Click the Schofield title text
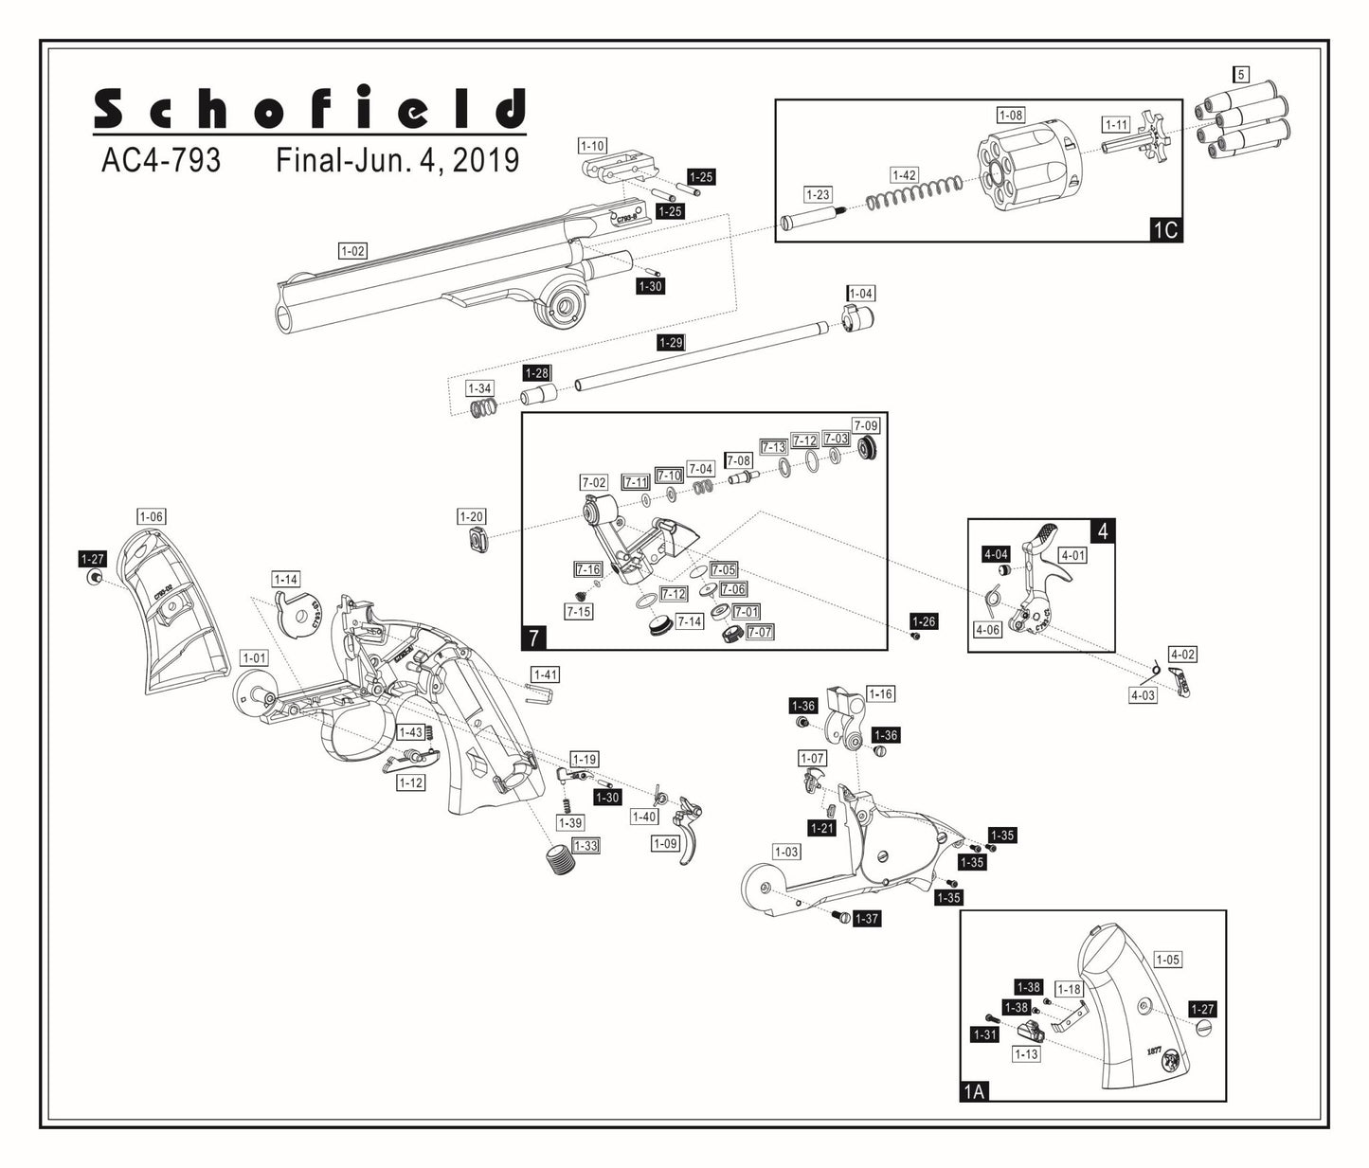[309, 109]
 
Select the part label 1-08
[1011, 115]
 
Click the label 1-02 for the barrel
[352, 251]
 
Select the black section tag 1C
[1164, 228]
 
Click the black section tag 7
[533, 638]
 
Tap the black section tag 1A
[974, 1090]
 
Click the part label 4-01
[1072, 555]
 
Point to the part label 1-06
[151, 516]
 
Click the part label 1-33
[585, 845]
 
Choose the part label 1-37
[866, 919]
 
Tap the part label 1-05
[1167, 960]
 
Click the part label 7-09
[865, 425]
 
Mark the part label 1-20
[471, 516]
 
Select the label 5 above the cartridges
[1240, 74]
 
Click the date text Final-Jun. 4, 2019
[397, 160]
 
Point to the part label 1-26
[923, 621]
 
